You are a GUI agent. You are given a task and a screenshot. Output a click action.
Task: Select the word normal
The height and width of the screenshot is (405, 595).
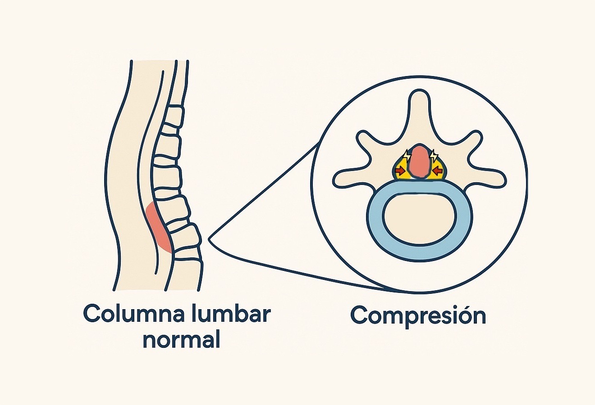182,340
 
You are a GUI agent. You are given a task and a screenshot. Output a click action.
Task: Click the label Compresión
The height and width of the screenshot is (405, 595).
418,315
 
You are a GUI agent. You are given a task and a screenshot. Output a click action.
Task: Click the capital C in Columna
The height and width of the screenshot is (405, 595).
92,314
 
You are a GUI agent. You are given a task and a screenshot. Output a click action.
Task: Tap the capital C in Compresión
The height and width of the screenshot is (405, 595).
359,315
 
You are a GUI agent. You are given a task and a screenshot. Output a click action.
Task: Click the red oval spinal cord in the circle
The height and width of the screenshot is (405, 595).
421,162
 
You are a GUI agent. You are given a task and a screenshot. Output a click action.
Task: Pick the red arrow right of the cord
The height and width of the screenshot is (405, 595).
437,171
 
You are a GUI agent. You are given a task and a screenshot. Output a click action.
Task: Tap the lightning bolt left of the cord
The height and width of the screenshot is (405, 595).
407,157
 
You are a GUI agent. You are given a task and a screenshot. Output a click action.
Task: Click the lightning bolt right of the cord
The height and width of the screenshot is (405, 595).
434,156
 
